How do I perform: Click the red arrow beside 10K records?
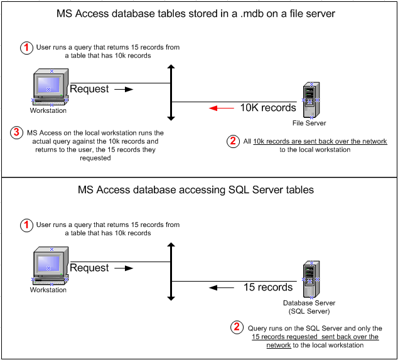tap(222, 109)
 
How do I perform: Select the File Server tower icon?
tap(311, 100)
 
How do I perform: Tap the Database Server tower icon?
tap(311, 279)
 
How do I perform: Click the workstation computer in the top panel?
tap(50, 87)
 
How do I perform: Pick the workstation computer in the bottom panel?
tap(50, 266)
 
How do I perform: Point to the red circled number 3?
tap(16, 132)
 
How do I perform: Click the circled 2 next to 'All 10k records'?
tap(233, 141)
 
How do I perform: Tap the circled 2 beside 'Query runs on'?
tap(237, 327)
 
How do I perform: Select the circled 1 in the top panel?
tap(26, 48)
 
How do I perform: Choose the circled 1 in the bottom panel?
tap(26, 225)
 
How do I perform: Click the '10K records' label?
tap(268, 108)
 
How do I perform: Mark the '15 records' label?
tap(268, 287)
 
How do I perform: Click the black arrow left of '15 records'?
tap(222, 288)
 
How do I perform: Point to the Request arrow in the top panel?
tap(124, 89)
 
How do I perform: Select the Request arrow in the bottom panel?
tap(124, 268)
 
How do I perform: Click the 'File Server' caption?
tap(309, 123)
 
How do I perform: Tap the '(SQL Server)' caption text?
tap(309, 311)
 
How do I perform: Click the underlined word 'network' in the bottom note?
tap(279, 346)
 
